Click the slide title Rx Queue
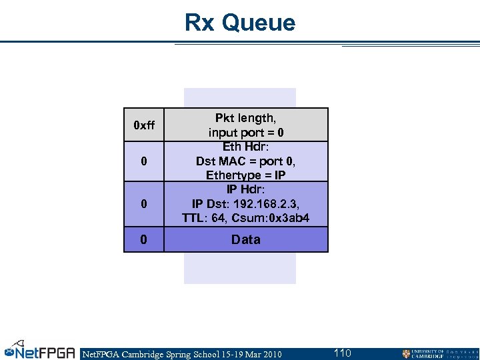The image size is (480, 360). tap(240, 23)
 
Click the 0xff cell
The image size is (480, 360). tap(144, 125)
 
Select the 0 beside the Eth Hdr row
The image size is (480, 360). tap(144, 162)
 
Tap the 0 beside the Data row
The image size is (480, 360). tap(144, 239)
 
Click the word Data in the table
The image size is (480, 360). tap(245, 239)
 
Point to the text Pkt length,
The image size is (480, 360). tap(245, 118)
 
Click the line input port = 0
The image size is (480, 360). tap(245, 133)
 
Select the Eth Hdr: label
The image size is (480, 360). tap(245, 147)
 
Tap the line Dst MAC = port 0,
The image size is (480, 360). tap(245, 161)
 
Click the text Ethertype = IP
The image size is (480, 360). tap(245, 175)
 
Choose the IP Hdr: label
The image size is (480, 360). tap(245, 189)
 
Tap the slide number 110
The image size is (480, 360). tap(342, 353)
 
